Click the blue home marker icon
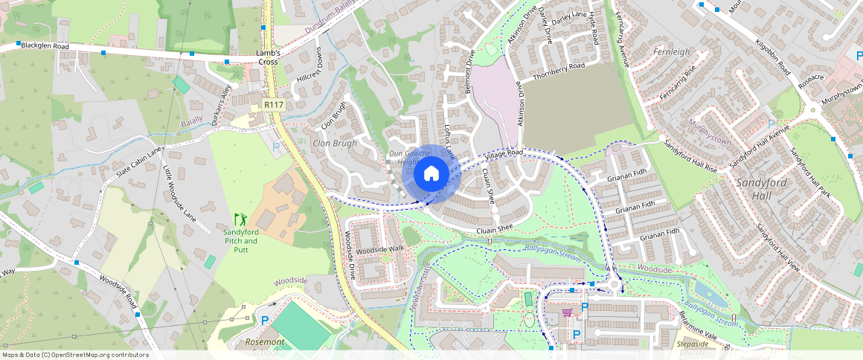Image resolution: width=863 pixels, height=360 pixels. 431,174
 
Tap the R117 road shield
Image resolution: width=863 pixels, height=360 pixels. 275,106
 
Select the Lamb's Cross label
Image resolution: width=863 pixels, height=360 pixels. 268,57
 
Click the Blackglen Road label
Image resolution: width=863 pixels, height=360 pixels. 45,46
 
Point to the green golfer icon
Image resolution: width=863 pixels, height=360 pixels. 240,219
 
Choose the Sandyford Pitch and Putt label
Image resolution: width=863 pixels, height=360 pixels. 240,237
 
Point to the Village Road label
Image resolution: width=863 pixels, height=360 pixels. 504,155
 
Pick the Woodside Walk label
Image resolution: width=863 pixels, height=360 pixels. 379,250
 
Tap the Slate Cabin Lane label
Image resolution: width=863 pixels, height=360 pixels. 138,163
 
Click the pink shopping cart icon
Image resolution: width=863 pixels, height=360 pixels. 567,312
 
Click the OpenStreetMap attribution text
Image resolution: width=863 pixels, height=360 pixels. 75,355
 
